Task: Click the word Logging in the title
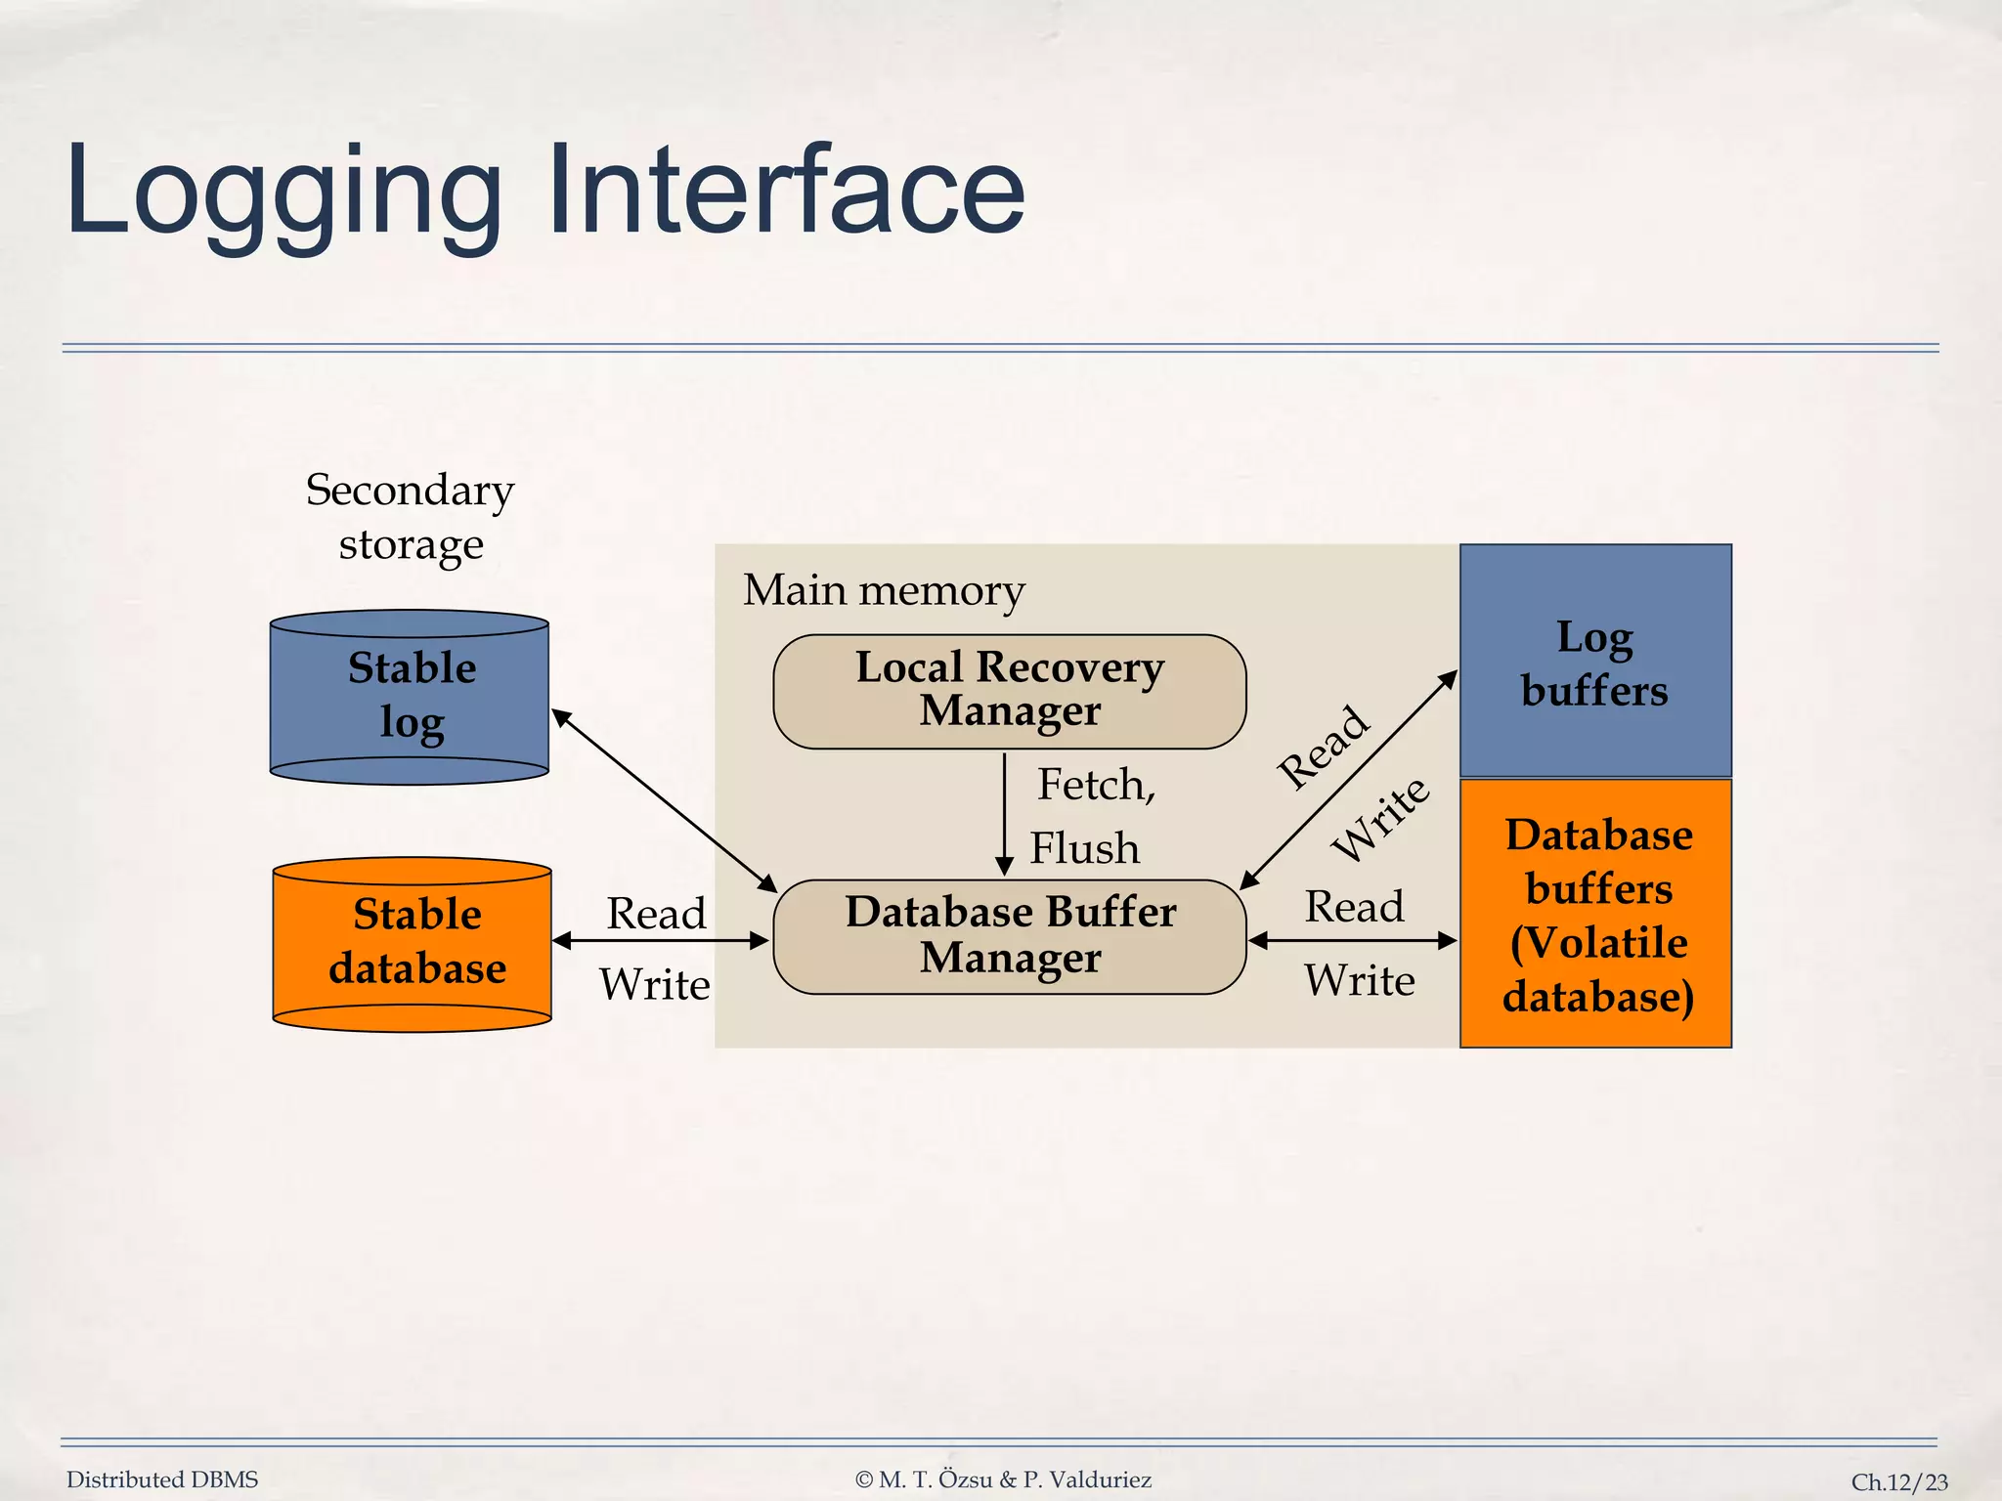[x=283, y=191]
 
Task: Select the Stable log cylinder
[x=410, y=697]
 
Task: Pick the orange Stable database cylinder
[x=413, y=944]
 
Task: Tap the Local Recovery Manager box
[x=1009, y=691]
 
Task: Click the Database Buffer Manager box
[x=1009, y=936]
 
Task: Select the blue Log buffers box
[x=1594, y=662]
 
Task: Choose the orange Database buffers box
[x=1594, y=914]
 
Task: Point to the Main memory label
[x=884, y=590]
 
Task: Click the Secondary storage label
[x=410, y=516]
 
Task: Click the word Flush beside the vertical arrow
[x=1084, y=847]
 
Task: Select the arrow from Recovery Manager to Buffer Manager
[x=1004, y=811]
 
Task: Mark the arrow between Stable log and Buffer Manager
[x=664, y=800]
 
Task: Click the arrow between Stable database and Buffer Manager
[x=661, y=940]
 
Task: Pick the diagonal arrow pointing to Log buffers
[x=1349, y=779]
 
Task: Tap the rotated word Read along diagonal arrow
[x=1323, y=748]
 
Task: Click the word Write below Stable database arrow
[x=654, y=984]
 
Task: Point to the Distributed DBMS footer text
[x=162, y=1480]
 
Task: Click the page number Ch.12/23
[x=1898, y=1481]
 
